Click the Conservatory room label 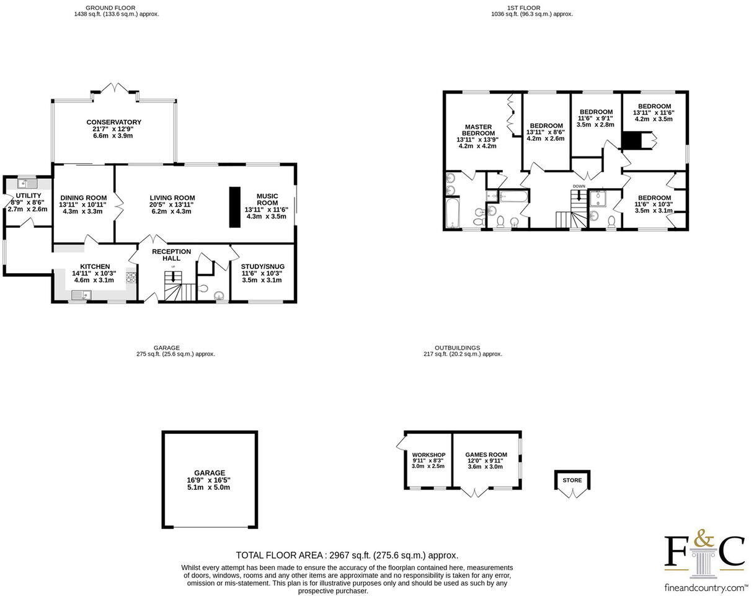click(x=113, y=122)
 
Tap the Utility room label click(x=28, y=196)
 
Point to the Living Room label click(x=172, y=198)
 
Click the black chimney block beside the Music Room click(x=235, y=206)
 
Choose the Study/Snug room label click(x=262, y=266)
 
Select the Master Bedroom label click(x=478, y=130)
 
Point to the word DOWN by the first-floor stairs click(x=579, y=186)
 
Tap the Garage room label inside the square click(x=210, y=472)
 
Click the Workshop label click(x=428, y=455)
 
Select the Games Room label click(x=486, y=455)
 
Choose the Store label click(x=572, y=480)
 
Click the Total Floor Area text click(x=347, y=555)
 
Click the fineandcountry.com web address click(x=705, y=587)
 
